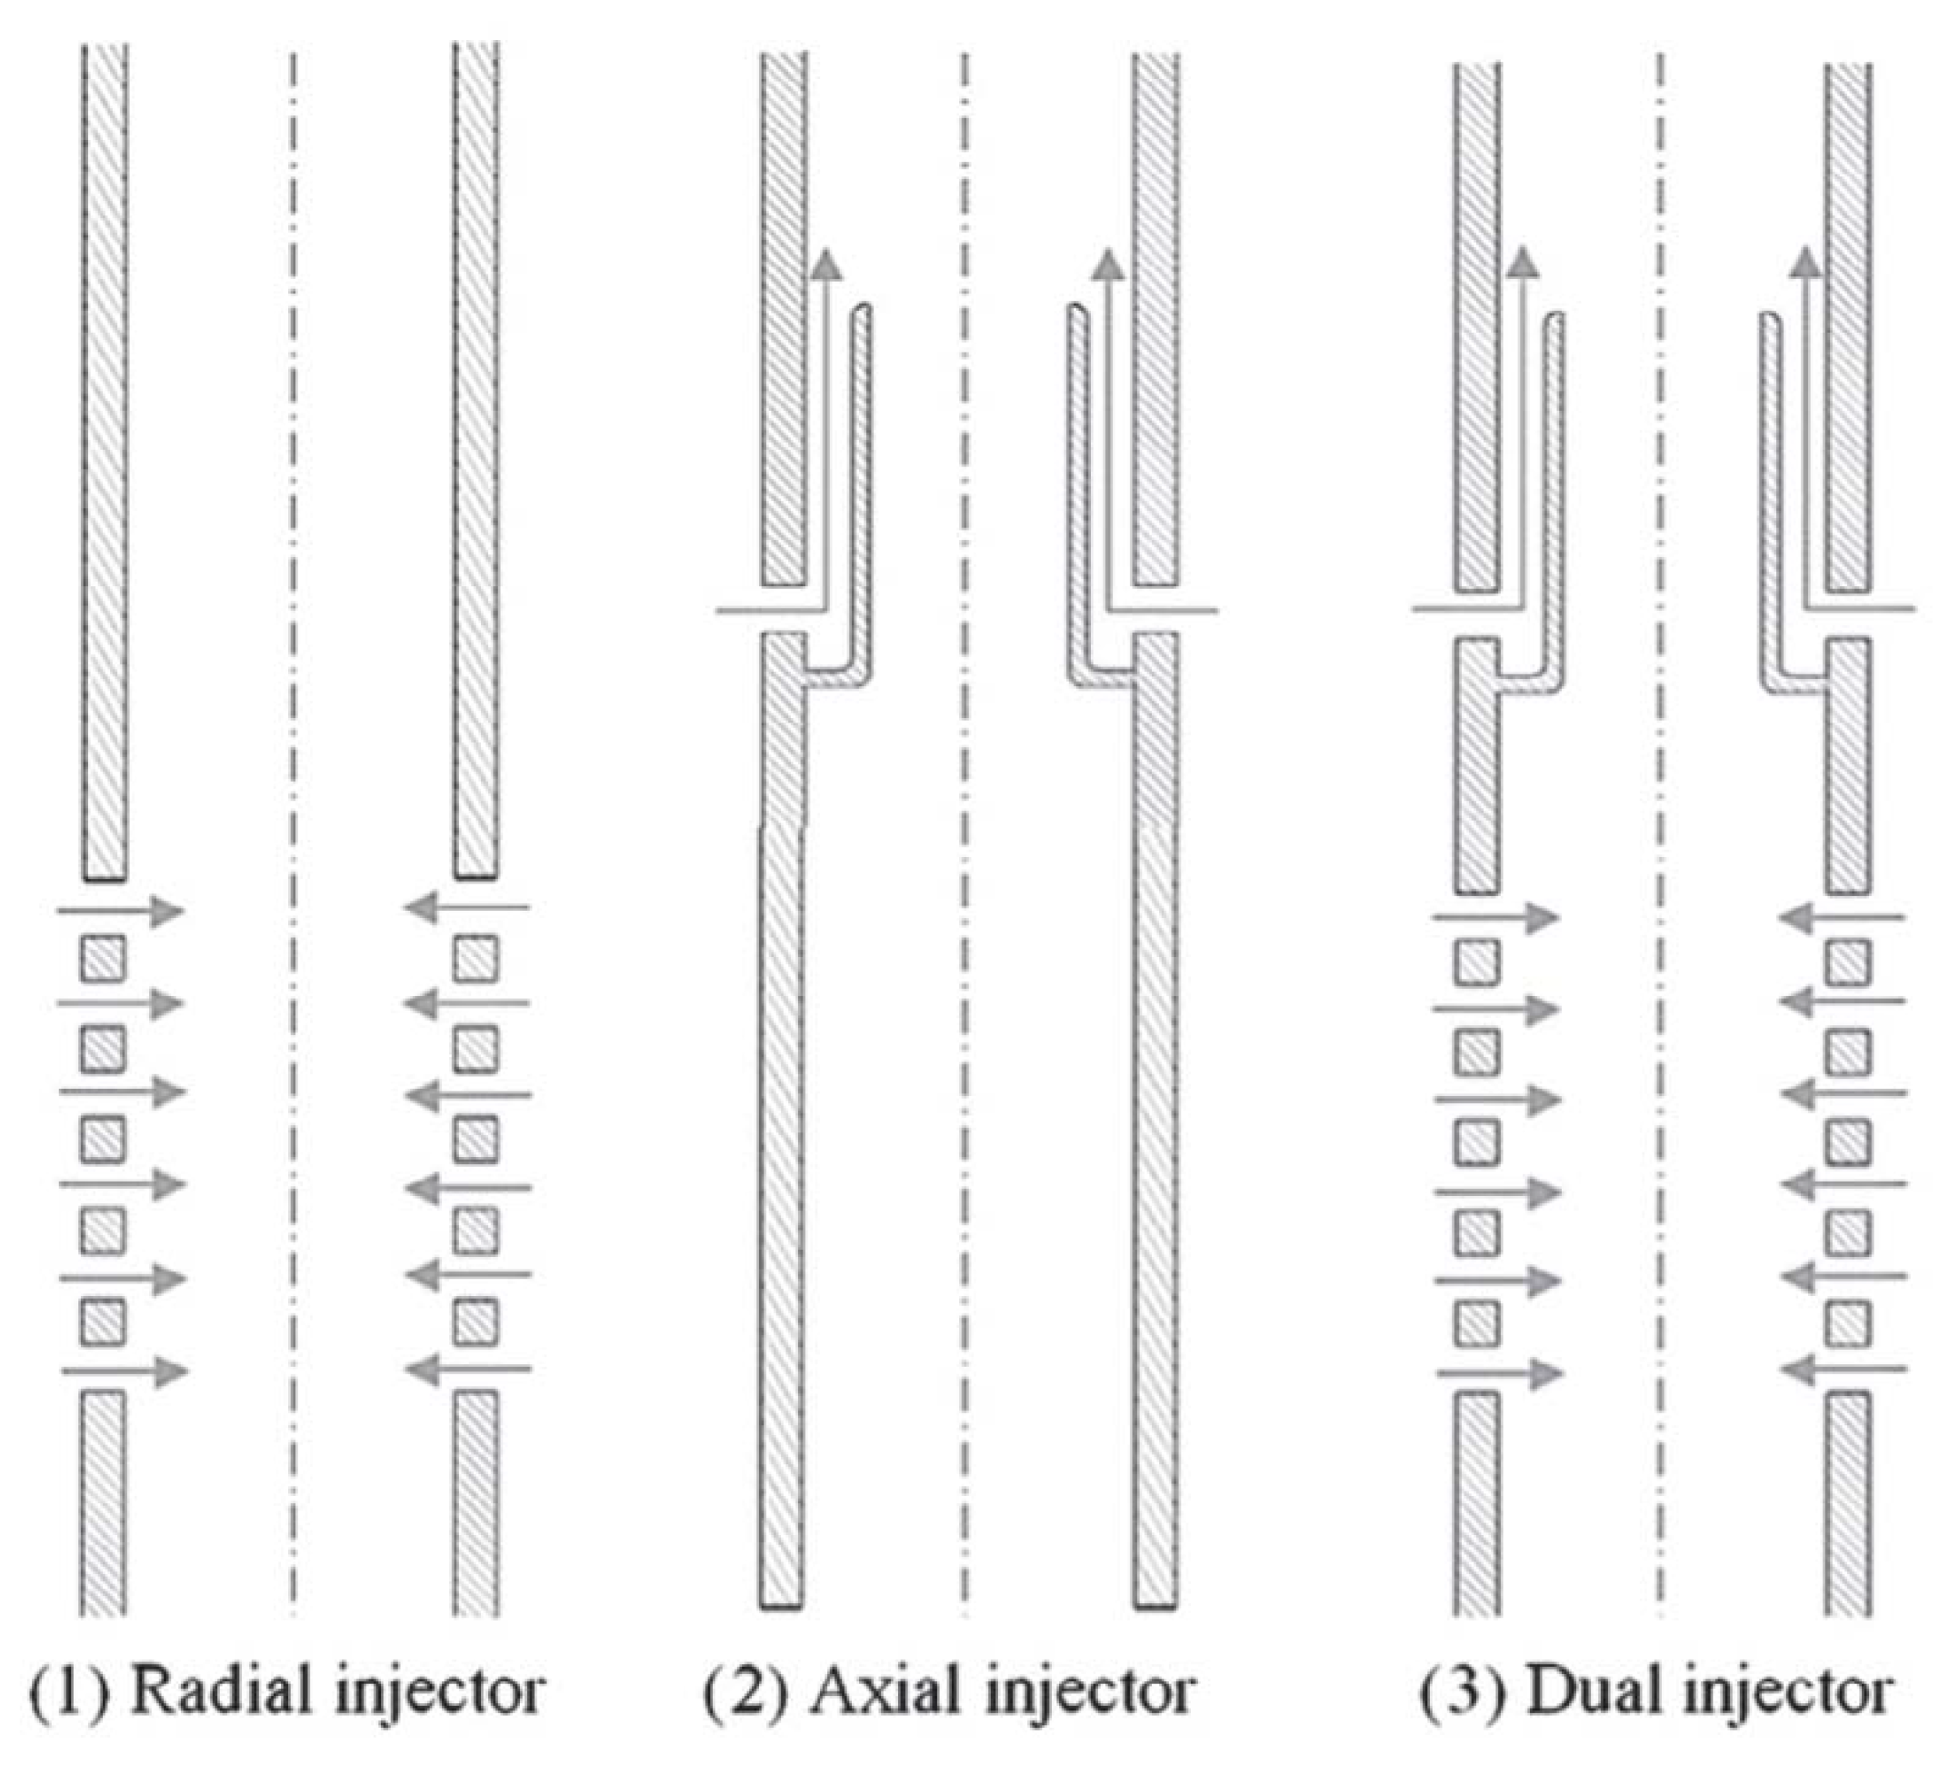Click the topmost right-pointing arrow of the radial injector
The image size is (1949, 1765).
point(121,911)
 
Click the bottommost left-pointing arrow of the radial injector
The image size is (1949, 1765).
point(468,1369)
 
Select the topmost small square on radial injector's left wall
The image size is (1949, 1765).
point(103,958)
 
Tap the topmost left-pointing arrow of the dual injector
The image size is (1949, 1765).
point(1843,918)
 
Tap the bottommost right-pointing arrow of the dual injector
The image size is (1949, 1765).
point(1498,1372)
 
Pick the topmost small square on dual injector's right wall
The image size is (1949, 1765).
point(1847,962)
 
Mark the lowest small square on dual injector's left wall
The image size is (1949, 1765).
point(1477,1323)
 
